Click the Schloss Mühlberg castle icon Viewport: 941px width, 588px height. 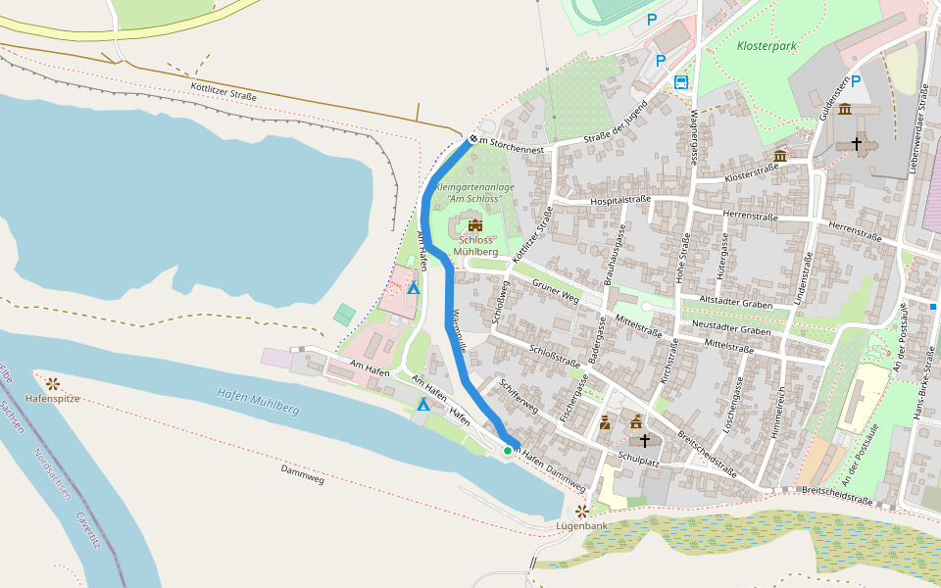(475, 225)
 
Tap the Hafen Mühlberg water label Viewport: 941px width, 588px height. (257, 401)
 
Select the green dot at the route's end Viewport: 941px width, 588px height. (508, 450)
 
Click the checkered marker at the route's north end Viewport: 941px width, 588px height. (472, 139)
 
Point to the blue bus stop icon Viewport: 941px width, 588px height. (681, 81)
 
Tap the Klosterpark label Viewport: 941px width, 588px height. (767, 45)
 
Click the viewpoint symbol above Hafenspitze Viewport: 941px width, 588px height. (51, 382)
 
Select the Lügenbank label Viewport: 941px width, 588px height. (582, 525)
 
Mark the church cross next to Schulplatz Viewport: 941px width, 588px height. (644, 441)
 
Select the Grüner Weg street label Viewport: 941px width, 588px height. (551, 290)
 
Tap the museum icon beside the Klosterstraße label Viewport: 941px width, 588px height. (780, 156)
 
